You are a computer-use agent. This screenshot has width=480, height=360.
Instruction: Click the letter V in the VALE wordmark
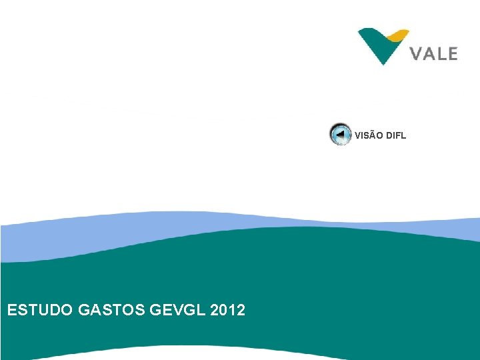point(416,53)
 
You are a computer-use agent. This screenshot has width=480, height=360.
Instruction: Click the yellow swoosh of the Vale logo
point(399,34)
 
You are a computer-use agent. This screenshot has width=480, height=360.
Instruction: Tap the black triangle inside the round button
point(340,134)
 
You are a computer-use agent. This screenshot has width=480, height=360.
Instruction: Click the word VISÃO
point(368,136)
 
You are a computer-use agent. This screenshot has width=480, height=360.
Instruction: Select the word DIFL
point(395,136)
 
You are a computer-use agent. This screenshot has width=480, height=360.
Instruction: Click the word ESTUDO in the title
point(39,310)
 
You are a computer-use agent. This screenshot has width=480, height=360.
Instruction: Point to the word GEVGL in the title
point(178,310)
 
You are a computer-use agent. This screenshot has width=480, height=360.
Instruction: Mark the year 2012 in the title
point(227,310)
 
